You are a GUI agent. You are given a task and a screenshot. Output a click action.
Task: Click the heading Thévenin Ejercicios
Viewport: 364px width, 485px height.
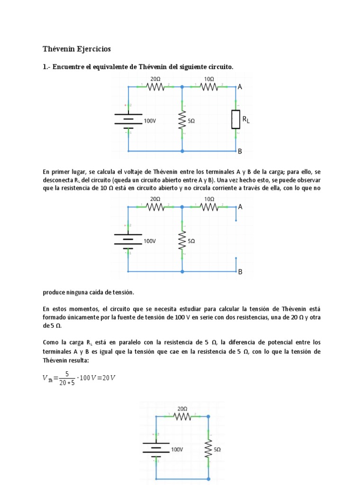(76, 49)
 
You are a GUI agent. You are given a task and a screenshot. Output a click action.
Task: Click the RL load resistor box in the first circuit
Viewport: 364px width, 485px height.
(236, 119)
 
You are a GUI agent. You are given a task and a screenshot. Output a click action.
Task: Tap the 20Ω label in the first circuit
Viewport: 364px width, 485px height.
(155, 79)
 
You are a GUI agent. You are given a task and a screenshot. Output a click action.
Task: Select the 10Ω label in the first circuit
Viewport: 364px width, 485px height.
(209, 79)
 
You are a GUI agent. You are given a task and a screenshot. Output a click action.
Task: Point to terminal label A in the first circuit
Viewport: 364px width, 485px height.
(240, 87)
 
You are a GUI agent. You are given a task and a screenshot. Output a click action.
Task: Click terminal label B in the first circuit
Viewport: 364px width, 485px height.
(240, 152)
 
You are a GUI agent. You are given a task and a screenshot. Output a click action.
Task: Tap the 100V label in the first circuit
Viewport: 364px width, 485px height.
(150, 121)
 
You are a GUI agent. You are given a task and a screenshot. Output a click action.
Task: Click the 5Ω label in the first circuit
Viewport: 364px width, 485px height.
(191, 121)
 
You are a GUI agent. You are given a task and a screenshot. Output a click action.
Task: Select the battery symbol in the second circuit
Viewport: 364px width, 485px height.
(128, 241)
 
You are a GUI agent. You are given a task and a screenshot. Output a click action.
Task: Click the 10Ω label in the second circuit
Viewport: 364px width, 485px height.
(209, 199)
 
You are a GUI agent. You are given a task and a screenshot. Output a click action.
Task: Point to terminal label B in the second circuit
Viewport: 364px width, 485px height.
(240, 272)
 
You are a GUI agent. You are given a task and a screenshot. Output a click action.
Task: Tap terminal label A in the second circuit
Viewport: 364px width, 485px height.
(240, 207)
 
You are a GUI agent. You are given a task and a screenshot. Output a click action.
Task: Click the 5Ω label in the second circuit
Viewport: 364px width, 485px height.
(191, 241)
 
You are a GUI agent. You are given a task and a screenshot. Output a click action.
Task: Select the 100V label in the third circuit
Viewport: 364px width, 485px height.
(177, 449)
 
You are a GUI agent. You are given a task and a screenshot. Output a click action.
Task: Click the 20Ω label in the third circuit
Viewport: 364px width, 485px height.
(182, 408)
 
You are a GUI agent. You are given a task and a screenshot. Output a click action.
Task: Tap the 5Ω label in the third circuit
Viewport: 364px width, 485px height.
(218, 449)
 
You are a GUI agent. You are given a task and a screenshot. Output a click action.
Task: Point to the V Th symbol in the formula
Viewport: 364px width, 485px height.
(47, 378)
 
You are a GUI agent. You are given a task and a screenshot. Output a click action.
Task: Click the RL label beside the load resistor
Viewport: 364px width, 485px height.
(246, 120)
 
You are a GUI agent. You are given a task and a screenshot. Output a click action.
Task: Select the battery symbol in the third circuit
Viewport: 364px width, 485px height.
(155, 448)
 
